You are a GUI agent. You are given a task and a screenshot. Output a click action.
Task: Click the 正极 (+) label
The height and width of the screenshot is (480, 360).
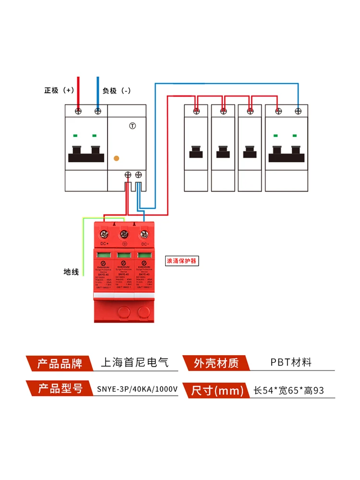pyautogui.click(x=59, y=90)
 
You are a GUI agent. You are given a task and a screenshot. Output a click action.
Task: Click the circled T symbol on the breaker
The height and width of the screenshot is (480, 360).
pyautogui.click(x=133, y=126)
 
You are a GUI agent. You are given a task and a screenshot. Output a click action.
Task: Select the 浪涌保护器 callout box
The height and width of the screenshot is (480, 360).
pyautogui.click(x=181, y=261)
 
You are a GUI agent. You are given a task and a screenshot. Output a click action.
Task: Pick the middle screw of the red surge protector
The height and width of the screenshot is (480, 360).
pyautogui.click(x=124, y=234)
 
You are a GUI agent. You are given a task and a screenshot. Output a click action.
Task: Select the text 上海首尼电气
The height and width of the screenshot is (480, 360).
pyautogui.click(x=134, y=362)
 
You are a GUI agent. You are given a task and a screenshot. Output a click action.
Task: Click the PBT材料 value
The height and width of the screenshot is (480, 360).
pyautogui.click(x=290, y=362)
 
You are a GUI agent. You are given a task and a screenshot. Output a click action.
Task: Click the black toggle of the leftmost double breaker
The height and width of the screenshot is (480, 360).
pyautogui.click(x=86, y=154)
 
